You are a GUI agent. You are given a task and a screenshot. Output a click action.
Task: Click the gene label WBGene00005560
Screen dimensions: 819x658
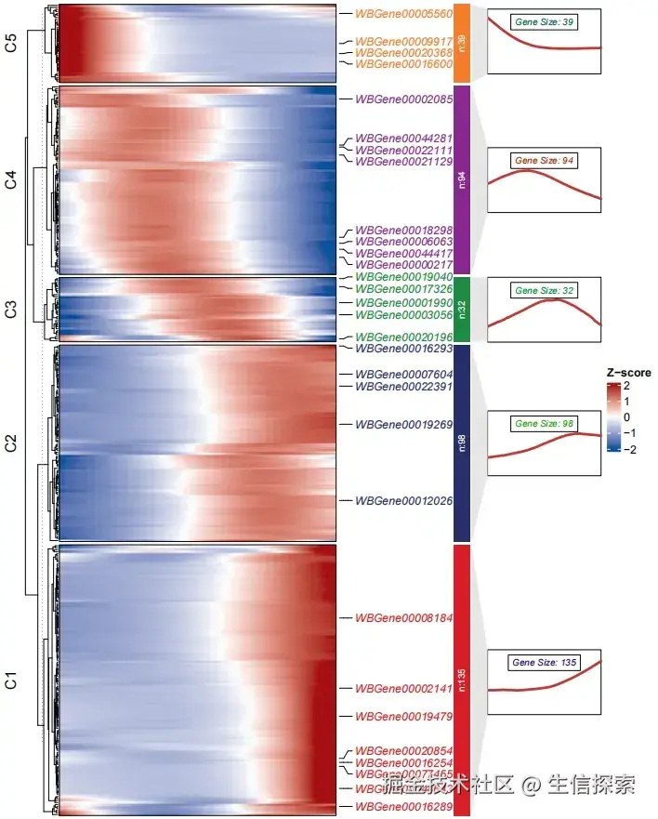coord(403,14)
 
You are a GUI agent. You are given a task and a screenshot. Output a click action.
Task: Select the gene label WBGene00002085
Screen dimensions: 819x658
coord(403,99)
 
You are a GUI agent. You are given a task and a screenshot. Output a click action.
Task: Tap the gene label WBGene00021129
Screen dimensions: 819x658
coord(403,161)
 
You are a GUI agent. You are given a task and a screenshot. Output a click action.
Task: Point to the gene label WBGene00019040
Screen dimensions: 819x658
coord(403,277)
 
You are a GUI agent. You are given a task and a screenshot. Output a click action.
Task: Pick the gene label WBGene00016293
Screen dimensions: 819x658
coord(403,349)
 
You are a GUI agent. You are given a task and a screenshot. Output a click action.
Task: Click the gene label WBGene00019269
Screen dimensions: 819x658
coord(403,424)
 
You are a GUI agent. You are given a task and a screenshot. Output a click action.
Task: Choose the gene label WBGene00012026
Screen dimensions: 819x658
coord(403,500)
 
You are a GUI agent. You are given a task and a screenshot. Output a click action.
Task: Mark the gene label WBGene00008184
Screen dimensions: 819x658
coord(403,617)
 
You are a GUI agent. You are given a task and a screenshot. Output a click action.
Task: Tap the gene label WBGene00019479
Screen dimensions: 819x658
coord(403,717)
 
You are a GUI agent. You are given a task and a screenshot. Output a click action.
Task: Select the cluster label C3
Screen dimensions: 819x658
coord(12,310)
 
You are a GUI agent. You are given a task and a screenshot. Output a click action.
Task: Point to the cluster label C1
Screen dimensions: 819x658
coord(12,680)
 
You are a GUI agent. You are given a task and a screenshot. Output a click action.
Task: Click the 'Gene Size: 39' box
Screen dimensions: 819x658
coord(544,21)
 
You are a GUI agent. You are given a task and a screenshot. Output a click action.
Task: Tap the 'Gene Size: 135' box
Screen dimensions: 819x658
coord(545,663)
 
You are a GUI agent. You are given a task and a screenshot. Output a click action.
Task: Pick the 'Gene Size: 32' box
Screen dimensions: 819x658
coord(545,291)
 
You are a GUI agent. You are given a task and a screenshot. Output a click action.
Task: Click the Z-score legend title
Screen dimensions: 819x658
coord(628,373)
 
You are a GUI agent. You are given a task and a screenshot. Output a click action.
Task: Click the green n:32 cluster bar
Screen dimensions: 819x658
coord(462,309)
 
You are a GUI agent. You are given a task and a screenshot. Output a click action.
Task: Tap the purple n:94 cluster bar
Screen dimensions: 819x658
coord(462,178)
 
